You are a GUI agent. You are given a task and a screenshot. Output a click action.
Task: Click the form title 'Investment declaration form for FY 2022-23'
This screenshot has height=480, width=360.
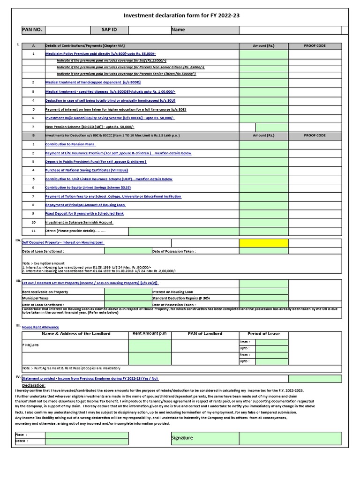coord(181,15)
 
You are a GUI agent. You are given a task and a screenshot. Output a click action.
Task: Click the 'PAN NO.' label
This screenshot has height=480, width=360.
coord(32,30)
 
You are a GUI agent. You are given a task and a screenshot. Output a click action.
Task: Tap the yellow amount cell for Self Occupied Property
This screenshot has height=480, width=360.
coord(263,243)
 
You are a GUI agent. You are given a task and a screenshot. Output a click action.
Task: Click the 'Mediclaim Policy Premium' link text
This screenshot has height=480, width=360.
coord(82,54)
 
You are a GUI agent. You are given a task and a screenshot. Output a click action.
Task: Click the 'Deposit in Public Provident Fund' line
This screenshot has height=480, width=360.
coord(96,162)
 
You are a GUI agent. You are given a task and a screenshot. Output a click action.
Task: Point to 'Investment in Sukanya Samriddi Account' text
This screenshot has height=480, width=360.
coord(79,222)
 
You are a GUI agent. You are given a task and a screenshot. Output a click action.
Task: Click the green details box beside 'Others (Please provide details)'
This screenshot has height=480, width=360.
coord(183,231)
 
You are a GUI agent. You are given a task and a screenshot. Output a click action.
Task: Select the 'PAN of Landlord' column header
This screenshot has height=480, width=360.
coord(205,334)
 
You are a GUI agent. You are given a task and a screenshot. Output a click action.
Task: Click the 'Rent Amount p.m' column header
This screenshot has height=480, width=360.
coord(150,334)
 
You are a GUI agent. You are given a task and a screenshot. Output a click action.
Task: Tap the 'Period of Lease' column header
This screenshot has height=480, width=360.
coord(263,334)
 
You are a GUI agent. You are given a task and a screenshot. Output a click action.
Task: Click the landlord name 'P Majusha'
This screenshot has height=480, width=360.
coord(31,345)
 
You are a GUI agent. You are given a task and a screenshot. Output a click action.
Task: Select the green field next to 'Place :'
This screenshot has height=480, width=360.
coord(87,435)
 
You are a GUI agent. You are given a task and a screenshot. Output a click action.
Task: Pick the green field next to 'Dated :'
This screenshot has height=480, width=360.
coord(87,442)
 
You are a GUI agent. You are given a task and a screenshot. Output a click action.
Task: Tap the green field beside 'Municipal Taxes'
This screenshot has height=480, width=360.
coord(127,298)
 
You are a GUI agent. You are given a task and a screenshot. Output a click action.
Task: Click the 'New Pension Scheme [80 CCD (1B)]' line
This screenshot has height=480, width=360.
coord(90,127)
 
